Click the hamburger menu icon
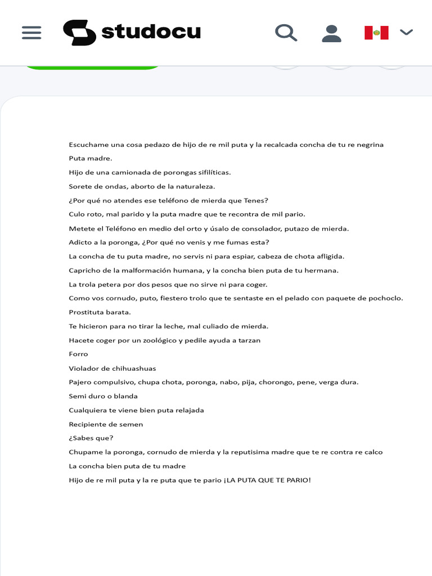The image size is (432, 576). [x=31, y=33]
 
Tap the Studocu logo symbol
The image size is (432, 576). [x=79, y=33]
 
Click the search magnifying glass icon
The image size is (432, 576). [x=286, y=33]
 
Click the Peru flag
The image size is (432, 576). [x=376, y=33]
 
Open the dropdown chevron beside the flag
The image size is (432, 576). [x=406, y=32]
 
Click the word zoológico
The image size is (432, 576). [x=160, y=340]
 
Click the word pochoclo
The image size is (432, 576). [x=385, y=298]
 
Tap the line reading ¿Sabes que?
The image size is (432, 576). [x=91, y=438]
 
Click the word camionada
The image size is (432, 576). [x=126, y=173]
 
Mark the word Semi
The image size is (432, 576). [x=77, y=396]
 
